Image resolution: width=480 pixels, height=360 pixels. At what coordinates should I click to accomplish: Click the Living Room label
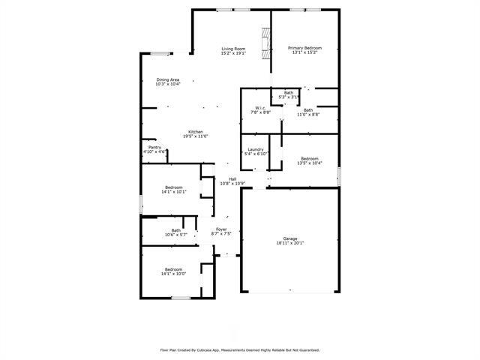click(233, 49)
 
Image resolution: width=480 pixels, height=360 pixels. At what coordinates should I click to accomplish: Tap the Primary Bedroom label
click(305, 49)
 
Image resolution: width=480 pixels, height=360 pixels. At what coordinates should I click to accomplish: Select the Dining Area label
click(167, 79)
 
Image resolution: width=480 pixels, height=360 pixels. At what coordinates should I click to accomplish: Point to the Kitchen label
click(195, 131)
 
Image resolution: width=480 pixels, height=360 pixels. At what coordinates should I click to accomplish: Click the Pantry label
click(154, 147)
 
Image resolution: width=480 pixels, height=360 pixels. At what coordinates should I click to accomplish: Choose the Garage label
click(289, 238)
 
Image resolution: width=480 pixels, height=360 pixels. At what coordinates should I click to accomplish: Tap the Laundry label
click(255, 149)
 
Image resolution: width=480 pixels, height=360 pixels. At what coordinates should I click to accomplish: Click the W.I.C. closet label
click(261, 108)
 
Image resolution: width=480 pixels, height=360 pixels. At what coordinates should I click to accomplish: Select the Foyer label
click(222, 229)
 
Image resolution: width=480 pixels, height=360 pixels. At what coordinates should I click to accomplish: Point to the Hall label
click(232, 178)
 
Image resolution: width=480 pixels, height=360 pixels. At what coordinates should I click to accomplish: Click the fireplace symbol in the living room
click(265, 44)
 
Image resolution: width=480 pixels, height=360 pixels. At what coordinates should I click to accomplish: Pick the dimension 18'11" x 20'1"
click(289, 243)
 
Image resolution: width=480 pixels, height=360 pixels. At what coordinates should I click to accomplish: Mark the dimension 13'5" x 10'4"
click(310, 163)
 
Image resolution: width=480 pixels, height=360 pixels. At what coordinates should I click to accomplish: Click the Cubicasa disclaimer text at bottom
click(240, 349)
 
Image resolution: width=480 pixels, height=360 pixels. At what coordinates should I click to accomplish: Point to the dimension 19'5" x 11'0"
click(195, 136)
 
